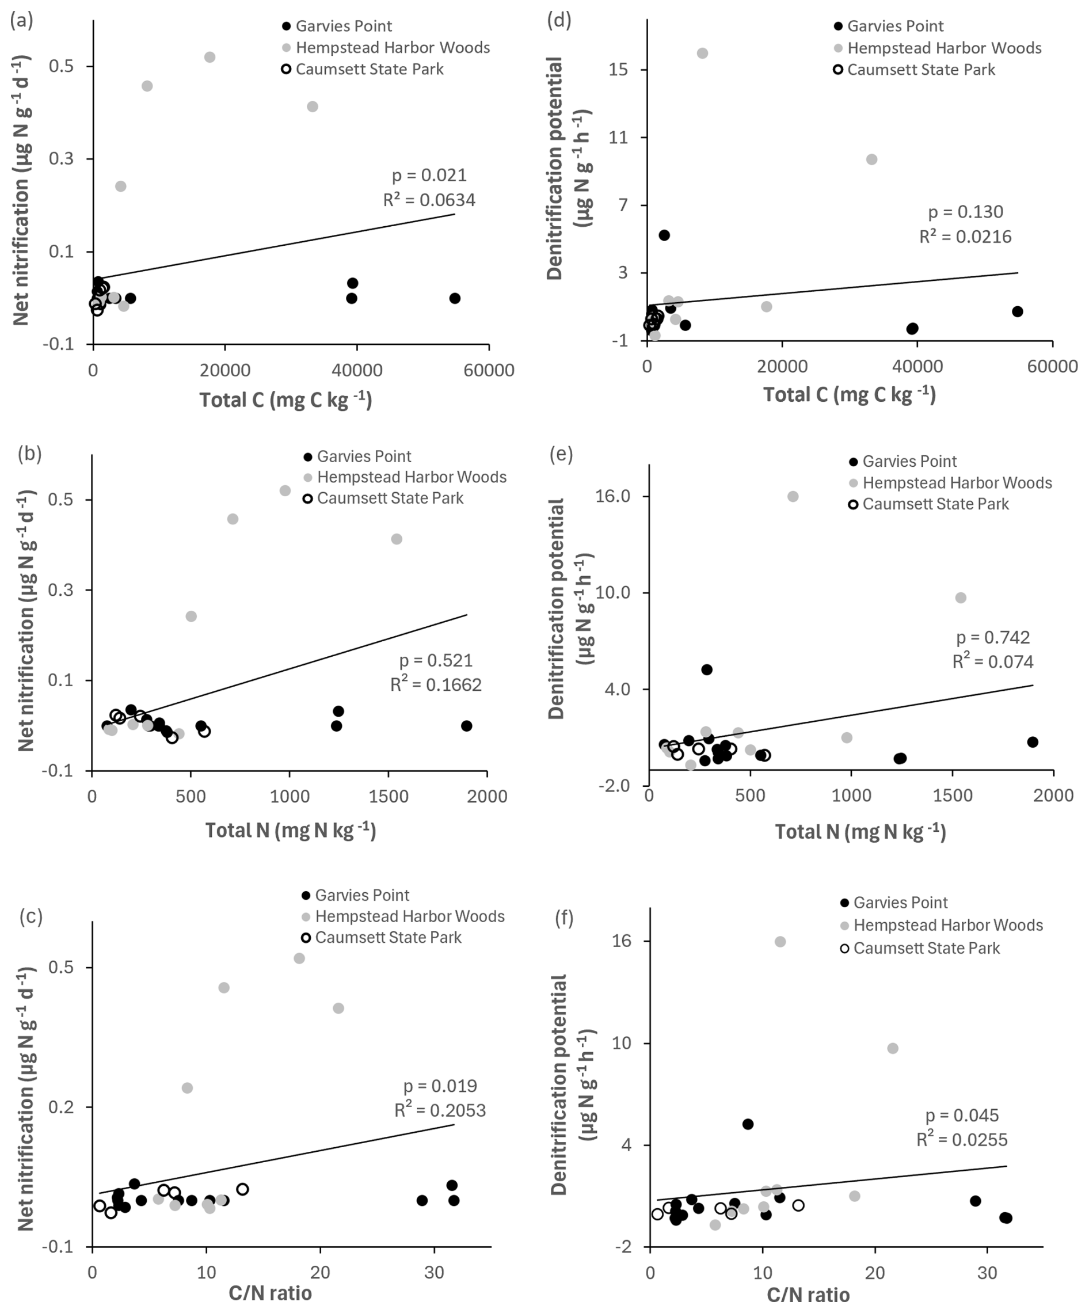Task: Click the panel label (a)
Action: point(22,21)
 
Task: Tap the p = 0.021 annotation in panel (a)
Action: point(429,175)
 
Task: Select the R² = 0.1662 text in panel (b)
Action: point(436,684)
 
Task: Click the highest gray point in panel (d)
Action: point(702,53)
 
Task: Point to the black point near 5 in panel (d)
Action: point(664,235)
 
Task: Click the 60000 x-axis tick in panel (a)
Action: point(488,370)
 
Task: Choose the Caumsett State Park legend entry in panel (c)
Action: point(387,937)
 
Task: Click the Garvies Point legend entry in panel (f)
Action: point(900,902)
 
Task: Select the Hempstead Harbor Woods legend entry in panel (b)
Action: point(411,477)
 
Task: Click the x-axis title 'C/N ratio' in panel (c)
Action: point(270,1292)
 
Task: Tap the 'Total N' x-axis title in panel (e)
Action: point(859,832)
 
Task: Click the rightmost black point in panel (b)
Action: point(466,726)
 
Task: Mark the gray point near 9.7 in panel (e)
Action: point(960,597)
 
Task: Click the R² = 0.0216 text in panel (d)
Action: point(965,237)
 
